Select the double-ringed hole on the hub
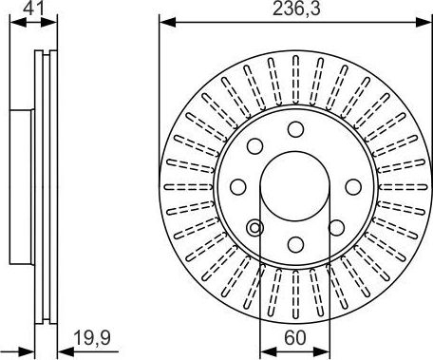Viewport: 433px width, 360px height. [x=254, y=228]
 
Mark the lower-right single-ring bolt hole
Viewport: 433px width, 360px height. [x=335, y=226]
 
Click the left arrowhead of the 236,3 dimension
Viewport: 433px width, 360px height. [x=164, y=20]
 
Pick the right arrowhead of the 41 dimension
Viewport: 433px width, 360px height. [x=47, y=20]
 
